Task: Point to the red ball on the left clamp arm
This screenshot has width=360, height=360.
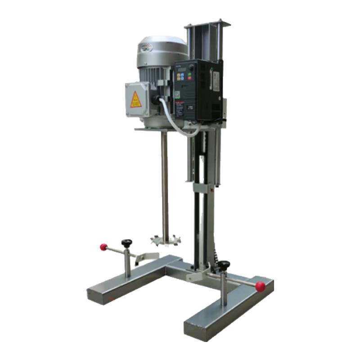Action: pyautogui.click(x=104, y=247)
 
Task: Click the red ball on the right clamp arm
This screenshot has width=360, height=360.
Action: pyautogui.click(x=260, y=286)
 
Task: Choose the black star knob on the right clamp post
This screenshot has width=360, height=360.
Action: pyautogui.click(x=223, y=265)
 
